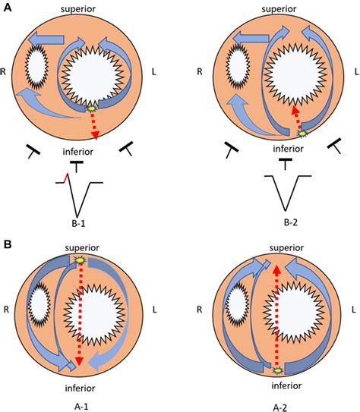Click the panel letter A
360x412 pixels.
click(8, 8)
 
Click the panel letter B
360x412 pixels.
click(8, 244)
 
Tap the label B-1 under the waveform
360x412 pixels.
click(78, 223)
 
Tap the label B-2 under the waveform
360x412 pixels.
click(291, 222)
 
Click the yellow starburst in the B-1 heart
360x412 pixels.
click(91, 109)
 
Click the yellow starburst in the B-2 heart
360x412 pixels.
click(303, 134)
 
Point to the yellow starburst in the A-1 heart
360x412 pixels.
click(80, 260)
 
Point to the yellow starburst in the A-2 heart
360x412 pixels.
click(277, 370)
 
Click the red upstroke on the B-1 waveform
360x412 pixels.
click(66, 178)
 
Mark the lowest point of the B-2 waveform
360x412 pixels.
click(285, 210)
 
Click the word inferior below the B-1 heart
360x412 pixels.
click(77, 152)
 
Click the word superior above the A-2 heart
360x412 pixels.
click(286, 247)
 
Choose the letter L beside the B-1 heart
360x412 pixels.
click(154, 71)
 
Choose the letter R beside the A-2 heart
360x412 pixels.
click(199, 310)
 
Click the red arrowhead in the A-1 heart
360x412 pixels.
click(80, 362)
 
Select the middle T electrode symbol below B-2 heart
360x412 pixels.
click(286, 164)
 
